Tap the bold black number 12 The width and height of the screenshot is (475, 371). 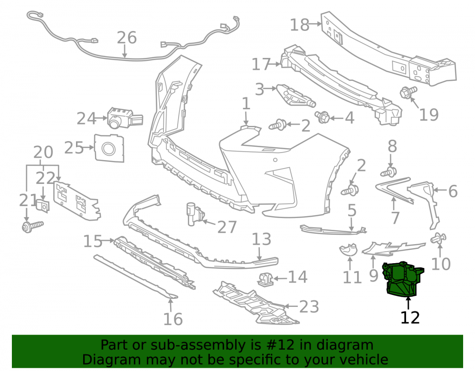click(410, 317)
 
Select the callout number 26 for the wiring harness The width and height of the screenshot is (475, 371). click(127, 38)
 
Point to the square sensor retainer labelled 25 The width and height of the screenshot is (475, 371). click(109, 148)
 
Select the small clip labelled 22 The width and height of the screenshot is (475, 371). click(43, 206)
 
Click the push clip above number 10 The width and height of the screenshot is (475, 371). click(438, 238)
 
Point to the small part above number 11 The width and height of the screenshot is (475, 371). click(348, 250)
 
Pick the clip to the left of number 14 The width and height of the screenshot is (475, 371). click(266, 279)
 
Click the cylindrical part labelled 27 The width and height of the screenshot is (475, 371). click(195, 214)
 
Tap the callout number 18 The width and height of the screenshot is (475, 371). click(300, 25)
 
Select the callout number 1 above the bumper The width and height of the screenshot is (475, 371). click(246, 104)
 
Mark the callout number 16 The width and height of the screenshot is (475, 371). click(173, 319)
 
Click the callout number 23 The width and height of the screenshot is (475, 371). click(309, 306)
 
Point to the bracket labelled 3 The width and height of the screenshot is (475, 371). click(295, 95)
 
